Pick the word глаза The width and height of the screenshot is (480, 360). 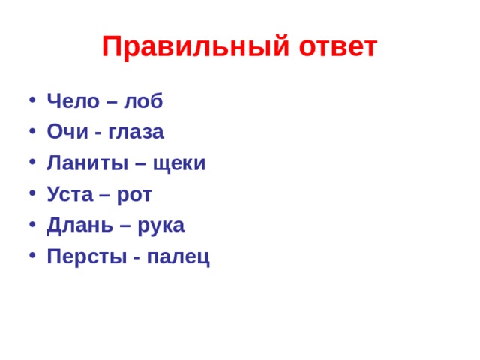(135, 133)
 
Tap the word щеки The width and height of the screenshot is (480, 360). (178, 164)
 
